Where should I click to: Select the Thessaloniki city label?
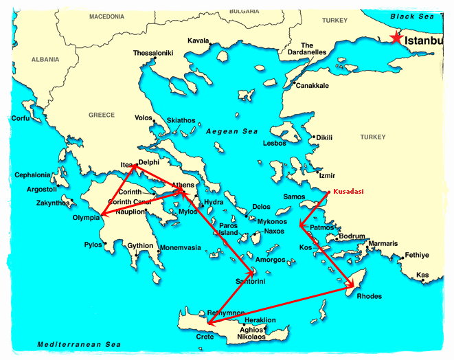[x=152, y=53]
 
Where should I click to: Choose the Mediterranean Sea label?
[x=69, y=344]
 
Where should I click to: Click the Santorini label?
[x=251, y=282]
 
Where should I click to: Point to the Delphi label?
[x=149, y=163]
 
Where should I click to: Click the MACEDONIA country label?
[x=106, y=16]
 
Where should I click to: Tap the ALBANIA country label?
[x=46, y=60]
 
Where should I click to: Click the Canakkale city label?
[x=312, y=85]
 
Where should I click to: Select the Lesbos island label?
[x=275, y=144]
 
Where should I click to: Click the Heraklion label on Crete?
[x=260, y=320]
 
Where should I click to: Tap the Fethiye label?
[x=416, y=255]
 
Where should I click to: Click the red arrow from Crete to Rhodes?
[x=282, y=302]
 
